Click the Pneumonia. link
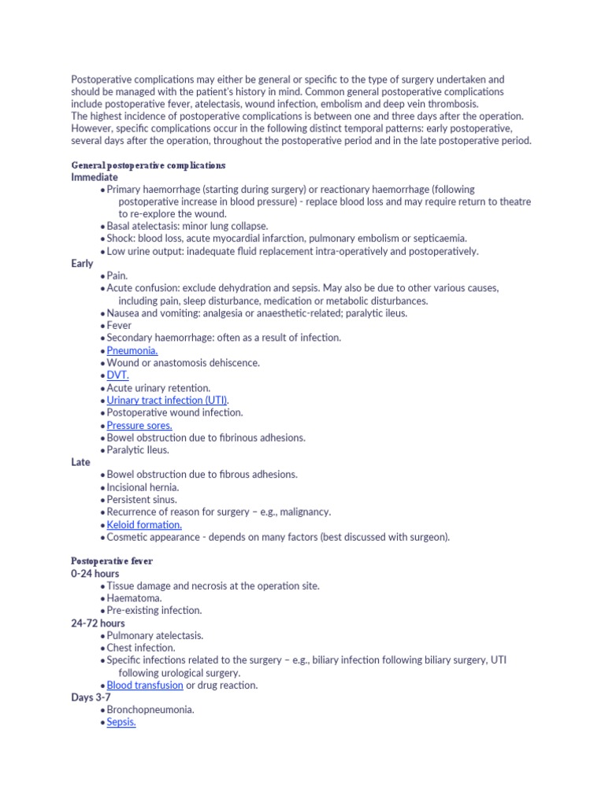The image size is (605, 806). point(132,350)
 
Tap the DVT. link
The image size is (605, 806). point(118,375)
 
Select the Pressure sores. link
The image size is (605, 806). point(139,425)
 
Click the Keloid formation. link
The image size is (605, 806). point(144,524)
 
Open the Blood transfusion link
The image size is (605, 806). point(145,685)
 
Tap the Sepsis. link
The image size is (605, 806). point(121,722)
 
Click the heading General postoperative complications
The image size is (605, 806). point(148,165)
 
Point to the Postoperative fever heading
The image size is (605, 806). point(112,561)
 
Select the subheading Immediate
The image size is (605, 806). point(95,177)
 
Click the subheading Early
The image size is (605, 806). point(82,264)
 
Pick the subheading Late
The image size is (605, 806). point(80,462)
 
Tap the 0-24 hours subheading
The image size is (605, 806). point(95,574)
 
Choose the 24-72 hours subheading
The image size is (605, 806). point(98,623)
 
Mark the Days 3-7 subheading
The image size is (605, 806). point(91,697)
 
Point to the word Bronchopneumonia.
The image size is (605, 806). point(150,709)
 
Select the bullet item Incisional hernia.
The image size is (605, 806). point(143,487)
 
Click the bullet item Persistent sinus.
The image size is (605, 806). point(142,499)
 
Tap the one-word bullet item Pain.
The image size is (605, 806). point(117,276)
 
